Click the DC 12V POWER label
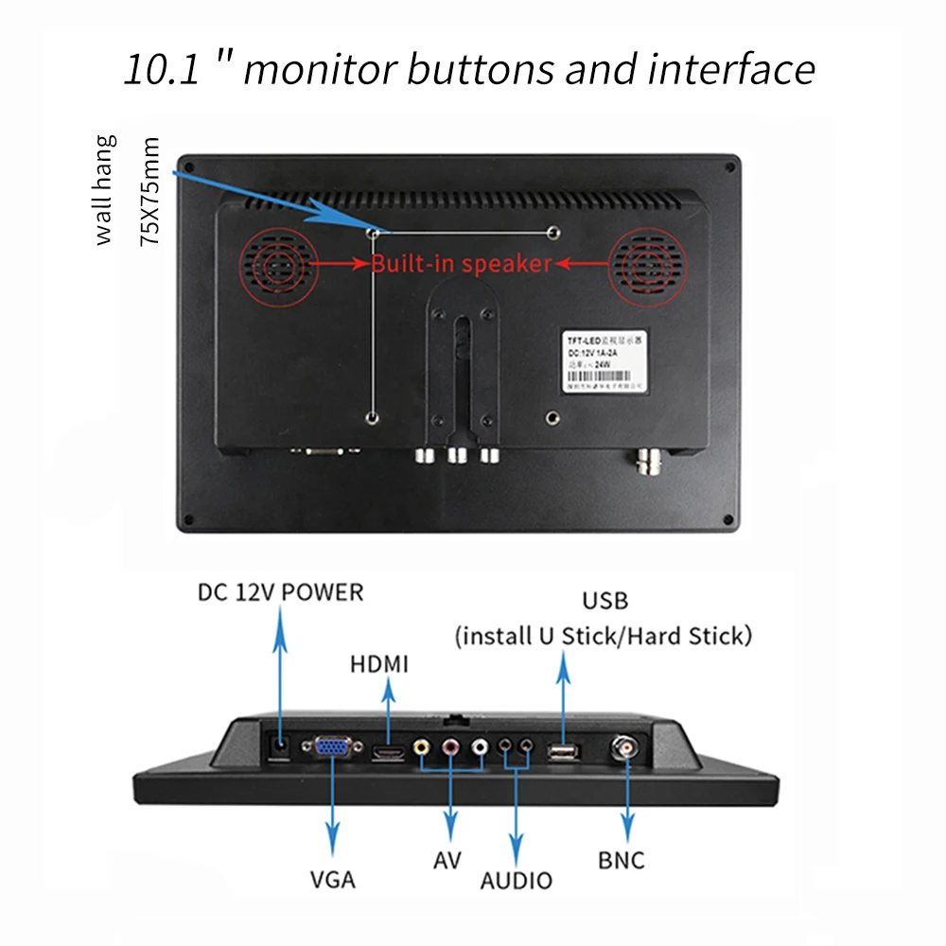coord(280,592)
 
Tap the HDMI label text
coord(379,664)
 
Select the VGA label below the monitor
coord(333,879)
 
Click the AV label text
coord(447,861)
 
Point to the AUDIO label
coord(516,881)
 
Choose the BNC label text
coord(622,860)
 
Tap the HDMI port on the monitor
coord(388,753)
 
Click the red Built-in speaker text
coord(461,264)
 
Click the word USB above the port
coord(604,601)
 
